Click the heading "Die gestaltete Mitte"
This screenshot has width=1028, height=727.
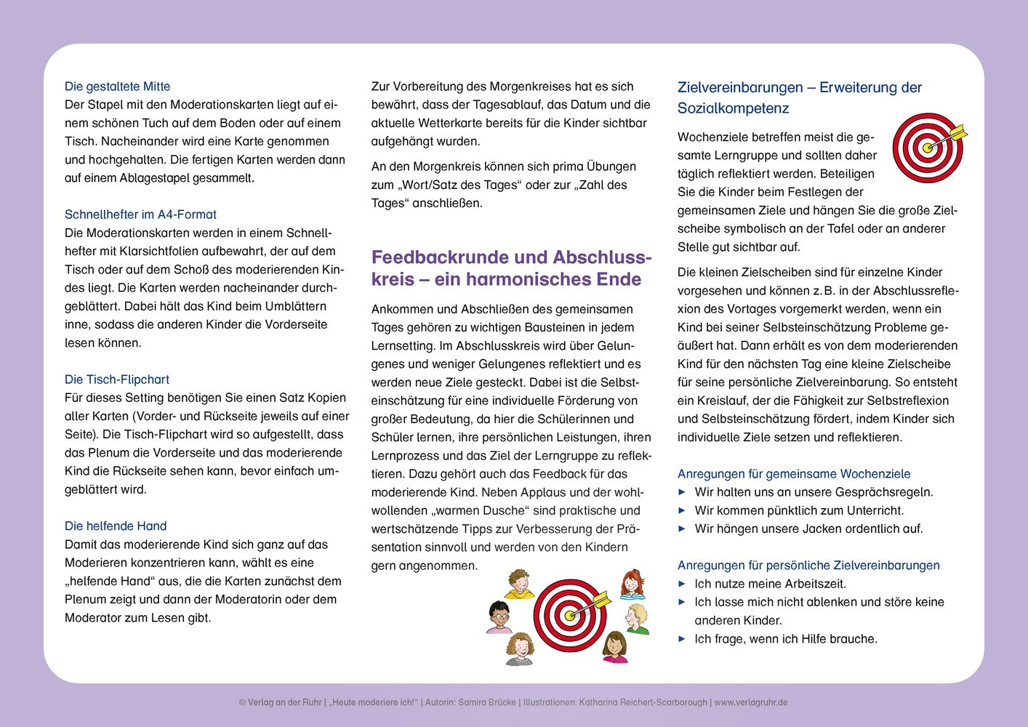click(117, 87)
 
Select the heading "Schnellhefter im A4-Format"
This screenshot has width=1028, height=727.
click(140, 214)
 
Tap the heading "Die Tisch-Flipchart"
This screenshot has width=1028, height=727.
click(116, 379)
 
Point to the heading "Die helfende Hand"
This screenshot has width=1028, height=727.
click(116, 526)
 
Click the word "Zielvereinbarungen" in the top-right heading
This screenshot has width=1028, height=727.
click(740, 88)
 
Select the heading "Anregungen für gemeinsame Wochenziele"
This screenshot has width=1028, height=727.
click(794, 474)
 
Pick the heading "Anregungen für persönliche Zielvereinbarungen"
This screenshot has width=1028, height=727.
click(808, 566)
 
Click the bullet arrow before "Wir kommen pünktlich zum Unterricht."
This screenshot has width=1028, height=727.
click(682, 510)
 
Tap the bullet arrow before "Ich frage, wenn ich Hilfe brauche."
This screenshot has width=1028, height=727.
click(682, 639)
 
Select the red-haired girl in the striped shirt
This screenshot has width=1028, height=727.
click(633, 585)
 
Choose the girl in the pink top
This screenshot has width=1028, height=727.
click(615, 647)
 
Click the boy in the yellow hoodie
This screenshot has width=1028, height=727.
click(519, 584)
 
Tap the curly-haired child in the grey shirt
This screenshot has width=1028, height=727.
click(519, 648)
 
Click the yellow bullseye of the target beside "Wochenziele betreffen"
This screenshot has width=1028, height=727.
click(927, 148)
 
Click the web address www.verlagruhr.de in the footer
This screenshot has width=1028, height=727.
click(751, 702)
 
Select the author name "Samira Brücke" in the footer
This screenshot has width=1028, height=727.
click(486, 702)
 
